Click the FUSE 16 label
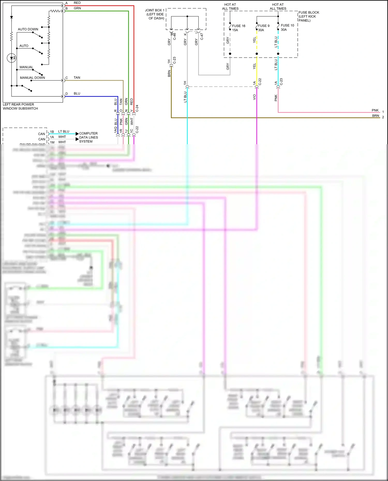(238, 26)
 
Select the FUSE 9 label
(264, 26)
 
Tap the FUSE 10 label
(287, 25)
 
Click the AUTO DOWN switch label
(28, 29)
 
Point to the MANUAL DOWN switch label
(32, 78)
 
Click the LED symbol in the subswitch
(11, 58)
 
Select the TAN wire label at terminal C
(77, 78)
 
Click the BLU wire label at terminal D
(77, 94)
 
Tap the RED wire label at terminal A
(77, 3)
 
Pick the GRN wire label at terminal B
(77, 8)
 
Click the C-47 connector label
(202, 36)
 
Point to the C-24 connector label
(137, 108)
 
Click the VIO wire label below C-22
(254, 97)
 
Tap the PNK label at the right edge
(375, 110)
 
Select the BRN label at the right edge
(376, 116)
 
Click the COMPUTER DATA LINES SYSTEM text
(88, 138)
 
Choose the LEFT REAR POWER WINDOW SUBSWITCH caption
(20, 106)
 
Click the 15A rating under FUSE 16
(235, 30)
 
